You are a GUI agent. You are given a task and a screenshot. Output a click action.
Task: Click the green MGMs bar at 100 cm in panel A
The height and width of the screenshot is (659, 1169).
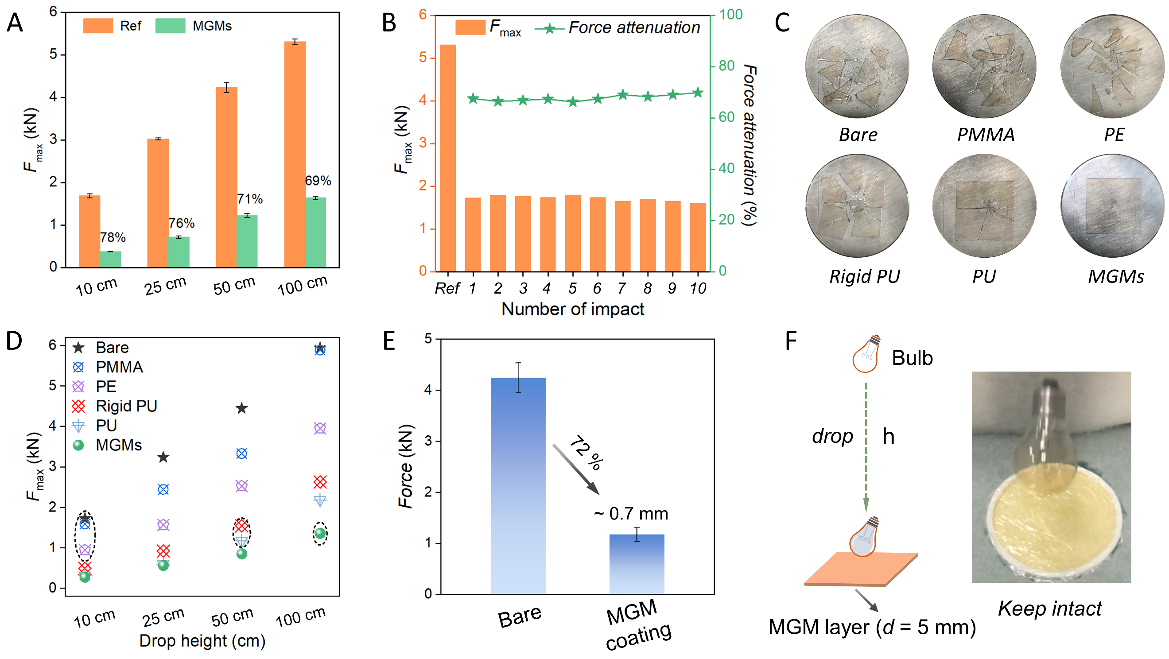tap(315, 233)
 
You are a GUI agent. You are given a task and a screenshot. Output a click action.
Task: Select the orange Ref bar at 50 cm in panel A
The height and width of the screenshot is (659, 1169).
tap(226, 177)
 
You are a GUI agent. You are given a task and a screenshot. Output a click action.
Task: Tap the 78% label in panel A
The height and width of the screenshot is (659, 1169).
tap(113, 237)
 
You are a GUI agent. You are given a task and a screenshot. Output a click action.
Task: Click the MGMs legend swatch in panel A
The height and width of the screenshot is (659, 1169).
tap(170, 26)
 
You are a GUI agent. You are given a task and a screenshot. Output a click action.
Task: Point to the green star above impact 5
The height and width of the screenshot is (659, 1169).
tap(573, 102)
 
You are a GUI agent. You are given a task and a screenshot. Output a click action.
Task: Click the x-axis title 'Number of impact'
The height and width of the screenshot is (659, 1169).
tap(573, 309)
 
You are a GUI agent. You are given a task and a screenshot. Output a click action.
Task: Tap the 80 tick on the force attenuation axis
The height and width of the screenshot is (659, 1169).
tap(726, 66)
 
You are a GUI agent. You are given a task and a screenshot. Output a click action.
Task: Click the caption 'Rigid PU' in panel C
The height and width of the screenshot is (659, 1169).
tap(865, 276)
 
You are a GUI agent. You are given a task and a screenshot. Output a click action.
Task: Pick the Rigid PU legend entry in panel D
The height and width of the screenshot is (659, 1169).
tap(126, 406)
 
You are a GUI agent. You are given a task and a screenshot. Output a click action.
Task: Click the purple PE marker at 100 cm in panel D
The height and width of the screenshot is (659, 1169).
tap(320, 428)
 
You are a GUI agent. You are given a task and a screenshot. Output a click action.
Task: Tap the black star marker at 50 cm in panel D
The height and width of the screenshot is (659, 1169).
tap(242, 408)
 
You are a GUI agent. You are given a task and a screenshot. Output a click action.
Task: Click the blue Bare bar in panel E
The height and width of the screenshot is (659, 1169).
tap(518, 486)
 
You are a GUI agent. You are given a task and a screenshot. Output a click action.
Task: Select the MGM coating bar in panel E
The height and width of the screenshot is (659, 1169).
tap(637, 564)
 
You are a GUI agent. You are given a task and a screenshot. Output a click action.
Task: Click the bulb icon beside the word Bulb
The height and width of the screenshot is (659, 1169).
tap(866, 354)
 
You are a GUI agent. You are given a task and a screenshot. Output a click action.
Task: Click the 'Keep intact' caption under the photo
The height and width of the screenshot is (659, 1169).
tap(1050, 609)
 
